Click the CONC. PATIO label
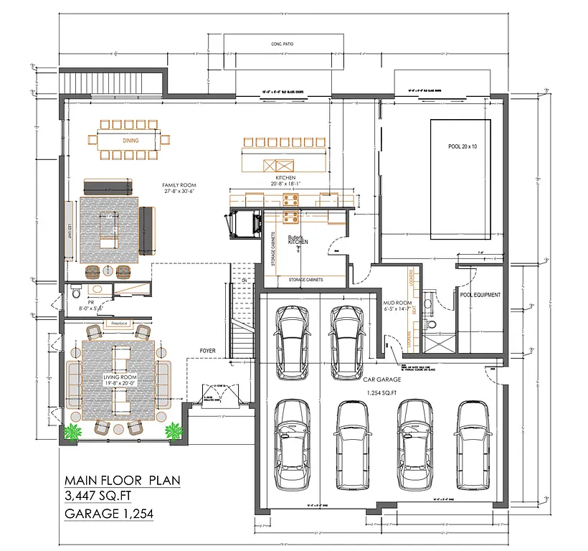[283, 44]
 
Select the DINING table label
[131, 141]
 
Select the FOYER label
[209, 351]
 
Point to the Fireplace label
[118, 324]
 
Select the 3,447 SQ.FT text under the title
[101, 496]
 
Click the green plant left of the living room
[72, 432]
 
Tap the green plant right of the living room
[173, 432]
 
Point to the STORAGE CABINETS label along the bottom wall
[305, 280]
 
